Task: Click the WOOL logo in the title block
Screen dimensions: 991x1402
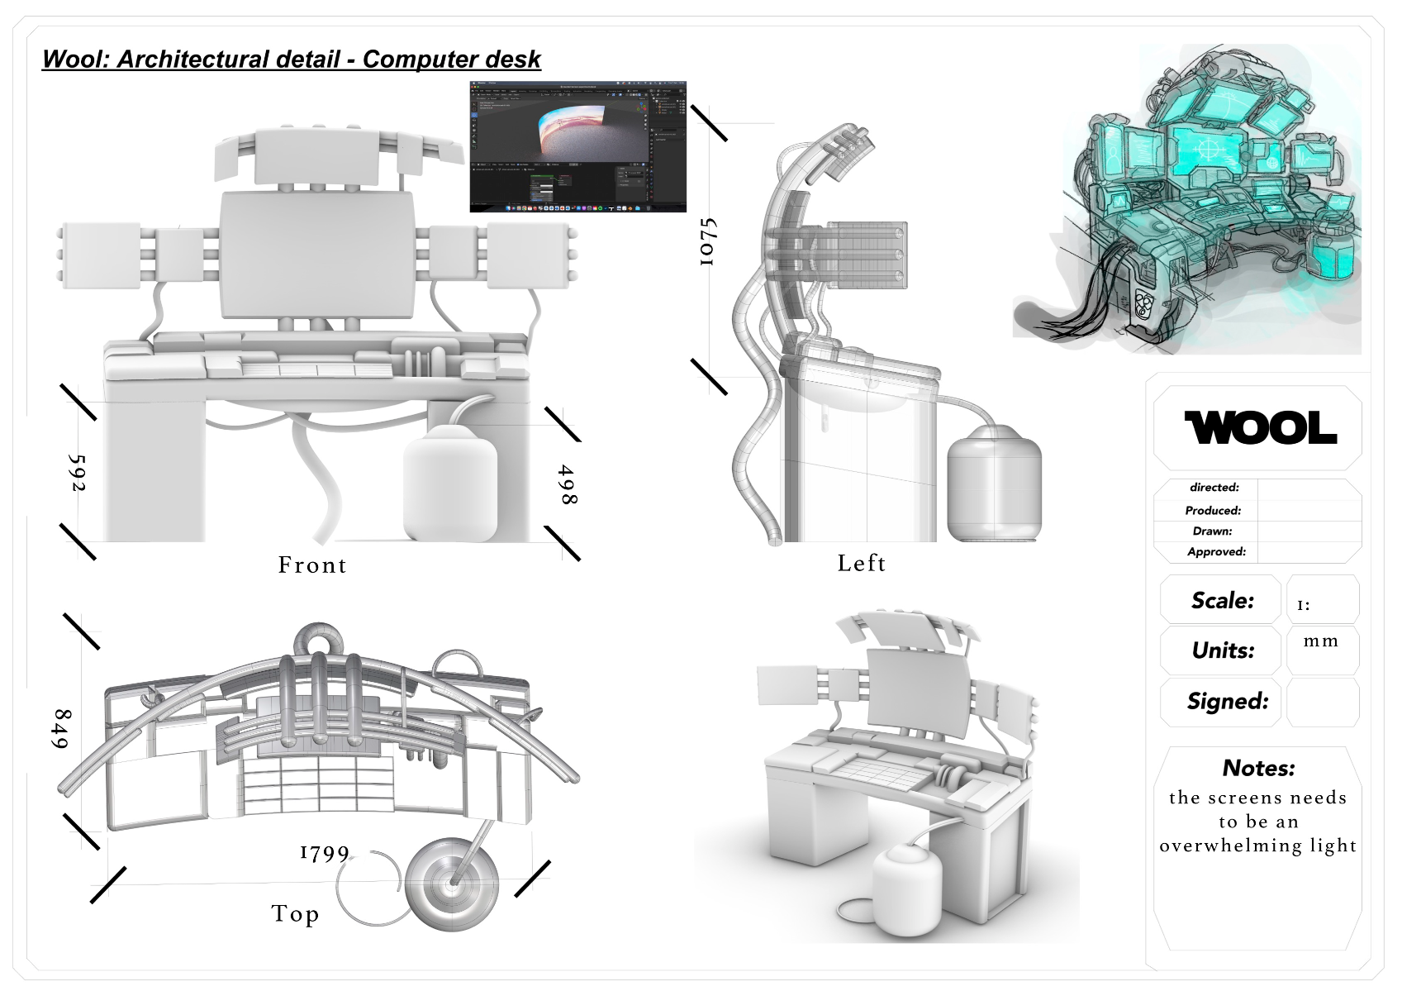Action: point(1260,428)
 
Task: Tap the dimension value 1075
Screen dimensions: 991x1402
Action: point(707,241)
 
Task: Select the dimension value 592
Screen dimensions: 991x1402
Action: point(76,473)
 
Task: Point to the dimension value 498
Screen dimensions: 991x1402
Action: point(567,484)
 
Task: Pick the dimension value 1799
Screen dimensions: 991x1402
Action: point(325,853)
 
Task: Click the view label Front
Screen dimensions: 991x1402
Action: point(312,565)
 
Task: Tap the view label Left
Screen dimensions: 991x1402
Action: point(862,564)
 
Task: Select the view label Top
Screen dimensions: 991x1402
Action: point(295,914)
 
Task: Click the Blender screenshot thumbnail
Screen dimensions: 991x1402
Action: point(577,146)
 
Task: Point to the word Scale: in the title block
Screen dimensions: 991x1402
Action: point(1222,600)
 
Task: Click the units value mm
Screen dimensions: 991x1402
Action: point(1320,641)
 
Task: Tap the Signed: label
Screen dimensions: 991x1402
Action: point(1228,701)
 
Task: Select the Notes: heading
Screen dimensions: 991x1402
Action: point(1258,768)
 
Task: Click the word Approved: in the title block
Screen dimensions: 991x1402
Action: point(1216,551)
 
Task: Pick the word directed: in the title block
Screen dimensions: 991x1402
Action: point(1214,488)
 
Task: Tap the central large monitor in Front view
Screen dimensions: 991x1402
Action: point(316,255)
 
